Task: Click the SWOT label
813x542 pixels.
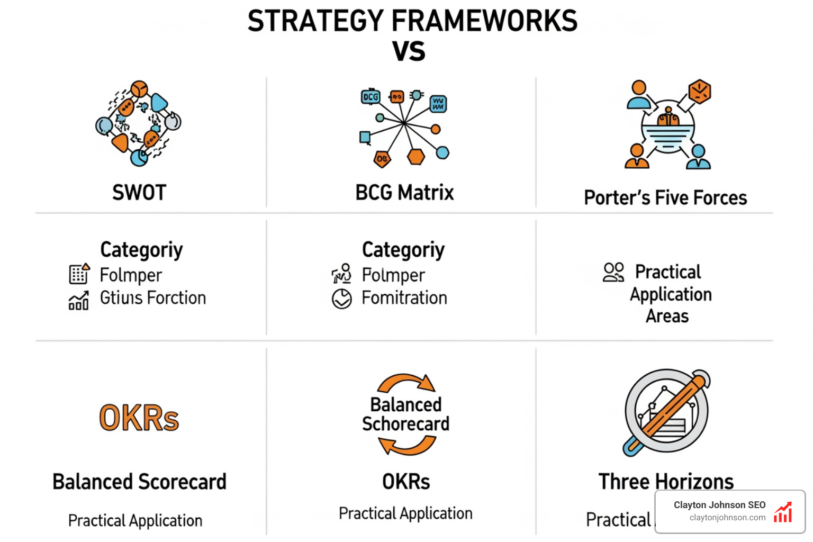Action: click(139, 193)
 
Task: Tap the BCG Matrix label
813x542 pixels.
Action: click(404, 193)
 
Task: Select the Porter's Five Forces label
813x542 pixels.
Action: click(665, 198)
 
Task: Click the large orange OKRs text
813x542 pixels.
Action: click(139, 418)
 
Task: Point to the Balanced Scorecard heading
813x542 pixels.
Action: click(139, 482)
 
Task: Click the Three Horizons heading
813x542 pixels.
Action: click(666, 482)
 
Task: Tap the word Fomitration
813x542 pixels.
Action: click(404, 298)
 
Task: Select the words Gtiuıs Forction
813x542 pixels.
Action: click(153, 298)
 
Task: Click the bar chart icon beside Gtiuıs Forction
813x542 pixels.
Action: click(79, 301)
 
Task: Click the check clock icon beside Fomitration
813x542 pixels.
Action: click(342, 299)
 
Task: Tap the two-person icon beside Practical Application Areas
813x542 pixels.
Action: click(613, 272)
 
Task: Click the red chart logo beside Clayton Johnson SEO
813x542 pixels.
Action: click(783, 512)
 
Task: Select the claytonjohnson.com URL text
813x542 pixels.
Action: click(727, 518)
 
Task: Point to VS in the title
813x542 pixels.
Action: click(409, 51)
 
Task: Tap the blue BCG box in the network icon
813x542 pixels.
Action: click(371, 97)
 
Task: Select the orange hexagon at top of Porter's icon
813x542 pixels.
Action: click(700, 92)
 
